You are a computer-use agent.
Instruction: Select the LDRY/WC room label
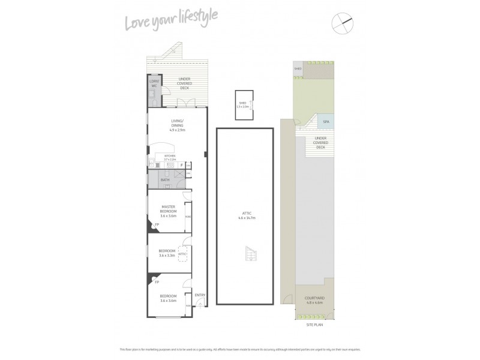coord(154,83)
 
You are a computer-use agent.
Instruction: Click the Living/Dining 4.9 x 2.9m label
coord(176,127)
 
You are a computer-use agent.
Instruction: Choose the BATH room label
coord(165,179)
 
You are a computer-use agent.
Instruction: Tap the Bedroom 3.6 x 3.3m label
coord(166,253)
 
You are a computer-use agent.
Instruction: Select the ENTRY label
coord(200,295)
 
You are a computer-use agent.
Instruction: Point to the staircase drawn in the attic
coord(250,256)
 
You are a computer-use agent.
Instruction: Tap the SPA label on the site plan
coord(326,122)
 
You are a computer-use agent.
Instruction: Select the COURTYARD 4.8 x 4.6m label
coord(314,301)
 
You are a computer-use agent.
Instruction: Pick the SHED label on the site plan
coord(298,69)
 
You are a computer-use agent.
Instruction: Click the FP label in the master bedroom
coord(157,226)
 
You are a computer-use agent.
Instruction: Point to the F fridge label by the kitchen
coord(181,164)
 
